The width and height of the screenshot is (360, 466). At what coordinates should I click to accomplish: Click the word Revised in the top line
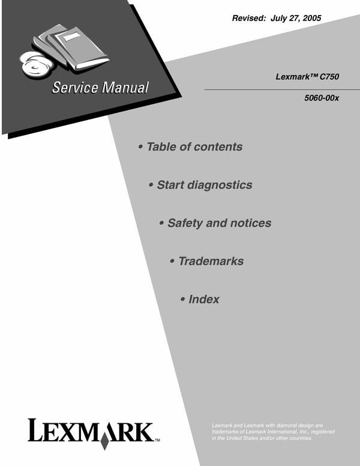(x=248, y=18)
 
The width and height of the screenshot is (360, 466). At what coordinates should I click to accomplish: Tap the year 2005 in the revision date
(x=312, y=18)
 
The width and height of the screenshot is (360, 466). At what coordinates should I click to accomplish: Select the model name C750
(x=329, y=77)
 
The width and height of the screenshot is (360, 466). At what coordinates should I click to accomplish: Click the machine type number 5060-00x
(x=322, y=98)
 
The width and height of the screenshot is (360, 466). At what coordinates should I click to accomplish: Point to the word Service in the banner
(x=75, y=88)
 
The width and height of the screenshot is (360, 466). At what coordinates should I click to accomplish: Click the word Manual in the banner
(x=125, y=88)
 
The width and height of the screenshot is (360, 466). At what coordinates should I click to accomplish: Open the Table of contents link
(x=194, y=147)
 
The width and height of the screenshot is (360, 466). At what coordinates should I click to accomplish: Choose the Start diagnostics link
(x=205, y=185)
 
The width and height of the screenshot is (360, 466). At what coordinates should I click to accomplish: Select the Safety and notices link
(x=220, y=223)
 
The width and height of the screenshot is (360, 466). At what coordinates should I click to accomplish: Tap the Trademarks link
(x=211, y=261)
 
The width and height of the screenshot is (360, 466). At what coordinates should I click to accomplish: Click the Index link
(x=204, y=299)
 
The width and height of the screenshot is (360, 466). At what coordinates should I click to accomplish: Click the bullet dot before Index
(x=183, y=299)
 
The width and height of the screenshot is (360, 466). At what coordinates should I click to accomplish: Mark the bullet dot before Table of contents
(x=141, y=147)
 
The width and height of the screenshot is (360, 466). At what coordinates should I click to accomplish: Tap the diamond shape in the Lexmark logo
(x=104, y=441)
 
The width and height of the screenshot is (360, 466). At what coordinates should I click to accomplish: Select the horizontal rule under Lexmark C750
(x=282, y=89)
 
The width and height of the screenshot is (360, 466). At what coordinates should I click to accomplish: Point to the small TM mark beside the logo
(x=157, y=440)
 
